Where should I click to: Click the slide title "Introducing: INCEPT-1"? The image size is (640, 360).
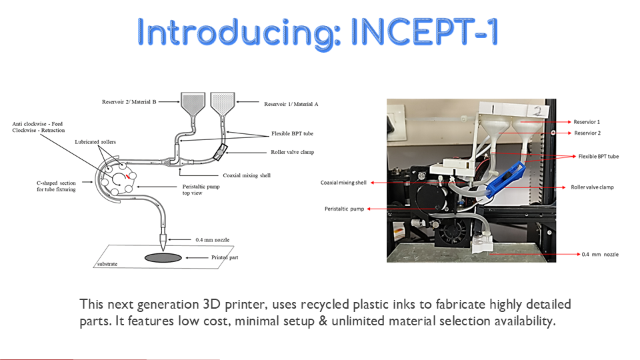[317, 33]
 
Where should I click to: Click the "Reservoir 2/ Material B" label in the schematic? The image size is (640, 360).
[129, 101]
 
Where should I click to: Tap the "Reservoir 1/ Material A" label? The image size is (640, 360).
[291, 104]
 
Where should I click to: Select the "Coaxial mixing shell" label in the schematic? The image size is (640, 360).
[247, 175]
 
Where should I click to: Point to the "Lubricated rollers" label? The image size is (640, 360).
[95, 142]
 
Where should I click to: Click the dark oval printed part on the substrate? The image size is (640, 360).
[163, 257]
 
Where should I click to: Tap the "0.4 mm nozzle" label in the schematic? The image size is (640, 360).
[212, 240]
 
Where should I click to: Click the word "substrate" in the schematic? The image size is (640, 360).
[107, 264]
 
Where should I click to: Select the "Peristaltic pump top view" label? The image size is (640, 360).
[201, 190]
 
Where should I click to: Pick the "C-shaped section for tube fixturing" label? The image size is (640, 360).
[56, 186]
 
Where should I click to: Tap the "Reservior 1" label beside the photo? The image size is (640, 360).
[587, 122]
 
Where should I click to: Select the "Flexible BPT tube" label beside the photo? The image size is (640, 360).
[599, 156]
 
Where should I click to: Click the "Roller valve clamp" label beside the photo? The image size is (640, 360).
[592, 187]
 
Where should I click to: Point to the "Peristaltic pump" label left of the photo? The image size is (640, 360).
[344, 209]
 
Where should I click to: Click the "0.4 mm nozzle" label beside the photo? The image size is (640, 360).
[600, 254]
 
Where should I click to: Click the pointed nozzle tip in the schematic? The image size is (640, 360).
[163, 250]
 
